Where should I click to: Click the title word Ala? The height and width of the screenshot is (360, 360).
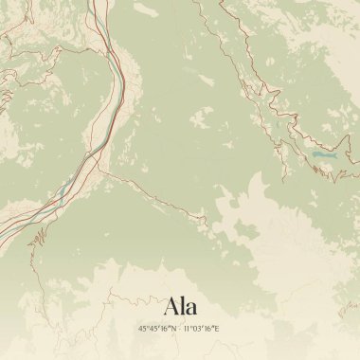point(180,307)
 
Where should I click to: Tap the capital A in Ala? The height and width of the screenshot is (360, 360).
point(171,307)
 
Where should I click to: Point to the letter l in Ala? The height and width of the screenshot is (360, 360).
point(184,306)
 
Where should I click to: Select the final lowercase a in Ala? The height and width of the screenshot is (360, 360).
point(192,309)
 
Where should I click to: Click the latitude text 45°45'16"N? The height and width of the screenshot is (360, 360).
point(156,329)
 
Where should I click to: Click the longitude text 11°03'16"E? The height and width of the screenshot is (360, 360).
point(202,329)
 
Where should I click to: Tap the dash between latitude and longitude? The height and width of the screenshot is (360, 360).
point(178,329)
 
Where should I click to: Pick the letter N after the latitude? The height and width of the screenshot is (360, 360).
point(171,329)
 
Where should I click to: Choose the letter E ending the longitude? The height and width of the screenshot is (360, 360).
point(217,329)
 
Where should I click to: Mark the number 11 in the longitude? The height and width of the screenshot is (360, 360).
point(187,329)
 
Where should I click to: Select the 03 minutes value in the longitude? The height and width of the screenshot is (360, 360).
point(196,329)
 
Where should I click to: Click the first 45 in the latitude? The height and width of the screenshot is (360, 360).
point(142,329)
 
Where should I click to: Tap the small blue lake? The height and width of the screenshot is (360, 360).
point(325,153)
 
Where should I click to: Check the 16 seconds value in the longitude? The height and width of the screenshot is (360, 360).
point(208,329)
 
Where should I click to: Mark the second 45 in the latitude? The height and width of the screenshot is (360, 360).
point(153,329)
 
